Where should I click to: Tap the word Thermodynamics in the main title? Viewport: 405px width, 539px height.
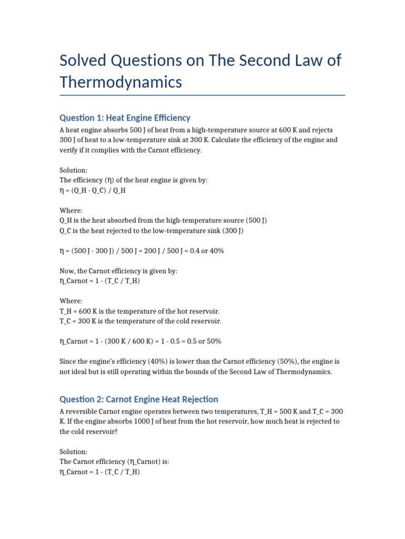click(121, 82)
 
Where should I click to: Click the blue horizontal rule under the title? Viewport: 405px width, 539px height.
click(202, 95)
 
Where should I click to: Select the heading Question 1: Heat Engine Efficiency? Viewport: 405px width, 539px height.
click(125, 118)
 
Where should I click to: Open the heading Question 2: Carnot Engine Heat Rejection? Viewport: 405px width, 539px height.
click(139, 400)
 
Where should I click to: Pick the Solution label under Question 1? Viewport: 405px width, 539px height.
click(74, 170)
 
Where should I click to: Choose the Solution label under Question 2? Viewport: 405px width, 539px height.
click(74, 452)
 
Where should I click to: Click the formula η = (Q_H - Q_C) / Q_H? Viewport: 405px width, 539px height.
click(92, 190)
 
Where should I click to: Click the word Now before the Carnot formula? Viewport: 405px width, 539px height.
click(67, 271)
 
